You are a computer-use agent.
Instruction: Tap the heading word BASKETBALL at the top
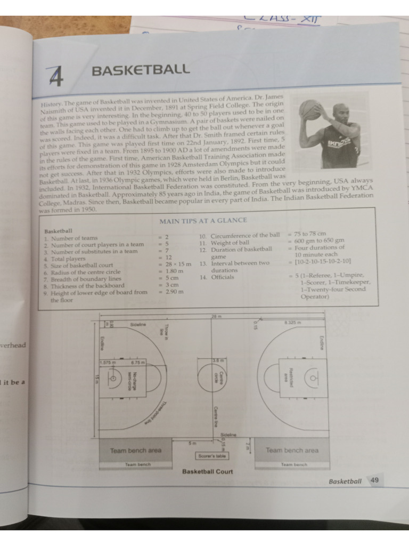tap(141, 70)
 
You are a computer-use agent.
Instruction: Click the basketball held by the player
tap(310, 109)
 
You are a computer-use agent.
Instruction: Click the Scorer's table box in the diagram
tap(212, 456)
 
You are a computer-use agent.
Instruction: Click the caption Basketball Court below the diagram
tap(207, 471)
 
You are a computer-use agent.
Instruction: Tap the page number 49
tap(374, 480)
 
